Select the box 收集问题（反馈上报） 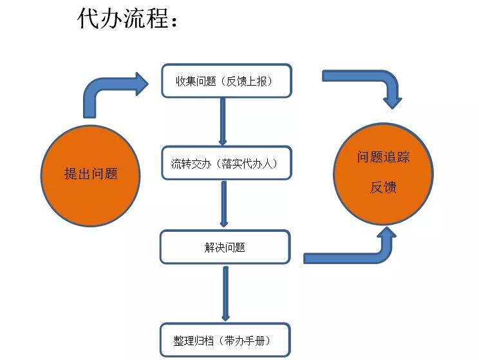coord(225,81)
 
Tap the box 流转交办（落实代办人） coord(225,164)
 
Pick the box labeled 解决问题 coord(225,247)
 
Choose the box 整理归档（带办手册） coord(225,340)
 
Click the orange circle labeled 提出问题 coord(91,173)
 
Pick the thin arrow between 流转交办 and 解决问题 coord(223,204)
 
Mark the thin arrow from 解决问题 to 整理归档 coord(225,293)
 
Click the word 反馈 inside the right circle coord(383,187)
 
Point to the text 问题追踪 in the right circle coord(383,157)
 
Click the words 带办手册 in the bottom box coord(249,340)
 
